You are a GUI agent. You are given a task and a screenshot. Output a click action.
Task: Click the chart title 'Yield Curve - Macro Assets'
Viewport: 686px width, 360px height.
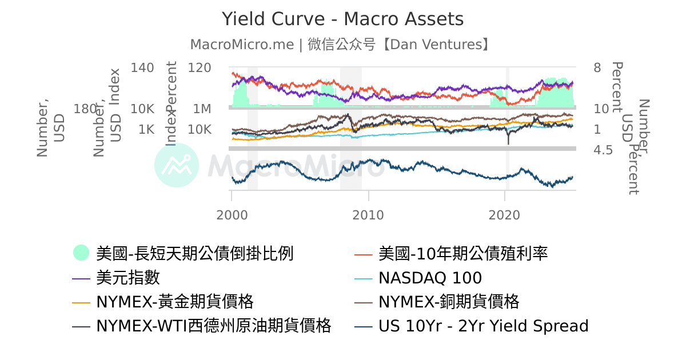pyautogui.click(x=342, y=19)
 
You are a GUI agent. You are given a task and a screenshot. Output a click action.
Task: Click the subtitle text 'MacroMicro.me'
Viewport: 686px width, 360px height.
pyautogui.click(x=242, y=45)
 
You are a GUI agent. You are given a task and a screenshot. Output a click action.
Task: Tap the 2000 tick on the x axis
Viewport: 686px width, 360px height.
pyautogui.click(x=232, y=215)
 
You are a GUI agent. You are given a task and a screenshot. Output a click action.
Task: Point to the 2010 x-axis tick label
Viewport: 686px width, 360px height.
pyautogui.click(x=369, y=215)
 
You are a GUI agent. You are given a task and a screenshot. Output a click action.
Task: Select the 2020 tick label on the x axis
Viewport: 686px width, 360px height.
pyautogui.click(x=505, y=215)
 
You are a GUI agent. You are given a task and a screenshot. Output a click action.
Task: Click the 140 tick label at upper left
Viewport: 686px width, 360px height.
pyautogui.click(x=142, y=68)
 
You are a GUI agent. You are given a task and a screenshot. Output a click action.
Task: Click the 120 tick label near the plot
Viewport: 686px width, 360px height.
pyautogui.click(x=200, y=68)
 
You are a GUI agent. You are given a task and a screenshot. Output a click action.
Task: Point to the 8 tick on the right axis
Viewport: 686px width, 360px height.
pyautogui.click(x=597, y=68)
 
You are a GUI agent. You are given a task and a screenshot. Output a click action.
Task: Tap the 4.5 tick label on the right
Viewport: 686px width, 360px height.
pyautogui.click(x=603, y=150)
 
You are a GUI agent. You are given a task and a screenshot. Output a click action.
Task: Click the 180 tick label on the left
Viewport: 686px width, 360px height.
pyautogui.click(x=85, y=109)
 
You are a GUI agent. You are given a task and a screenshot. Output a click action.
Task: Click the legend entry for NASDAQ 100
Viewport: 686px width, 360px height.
pyautogui.click(x=430, y=278)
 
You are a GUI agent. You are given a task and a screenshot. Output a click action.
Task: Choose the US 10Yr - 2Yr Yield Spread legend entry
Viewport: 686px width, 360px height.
pyautogui.click(x=483, y=326)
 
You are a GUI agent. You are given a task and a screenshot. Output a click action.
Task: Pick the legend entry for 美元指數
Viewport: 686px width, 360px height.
pyautogui.click(x=128, y=278)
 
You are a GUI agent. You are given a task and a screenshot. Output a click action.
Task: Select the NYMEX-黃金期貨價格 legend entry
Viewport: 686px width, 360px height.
pyautogui.click(x=174, y=302)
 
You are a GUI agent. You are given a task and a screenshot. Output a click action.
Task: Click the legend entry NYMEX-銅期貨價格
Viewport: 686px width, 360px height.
pyautogui.click(x=449, y=302)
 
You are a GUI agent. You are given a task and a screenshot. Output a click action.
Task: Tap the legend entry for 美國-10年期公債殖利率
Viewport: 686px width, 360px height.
pyautogui.click(x=463, y=253)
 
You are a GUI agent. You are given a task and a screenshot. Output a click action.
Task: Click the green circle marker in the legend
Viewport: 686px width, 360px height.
pyautogui.click(x=81, y=253)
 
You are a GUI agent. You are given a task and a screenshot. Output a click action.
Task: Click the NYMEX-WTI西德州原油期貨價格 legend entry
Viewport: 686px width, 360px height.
pyautogui.click(x=213, y=326)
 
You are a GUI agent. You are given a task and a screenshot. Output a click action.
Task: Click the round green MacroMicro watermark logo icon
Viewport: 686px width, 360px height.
pyautogui.click(x=177, y=165)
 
